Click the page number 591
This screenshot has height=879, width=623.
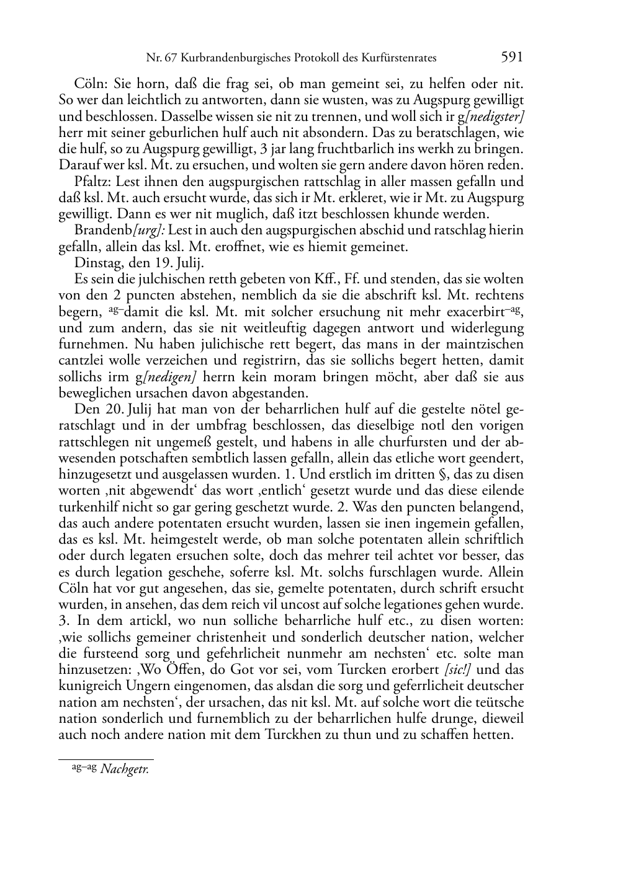[x=511, y=57]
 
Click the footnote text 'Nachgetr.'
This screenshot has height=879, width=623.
[x=124, y=770]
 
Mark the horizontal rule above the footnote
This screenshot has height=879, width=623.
[x=105, y=759]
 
